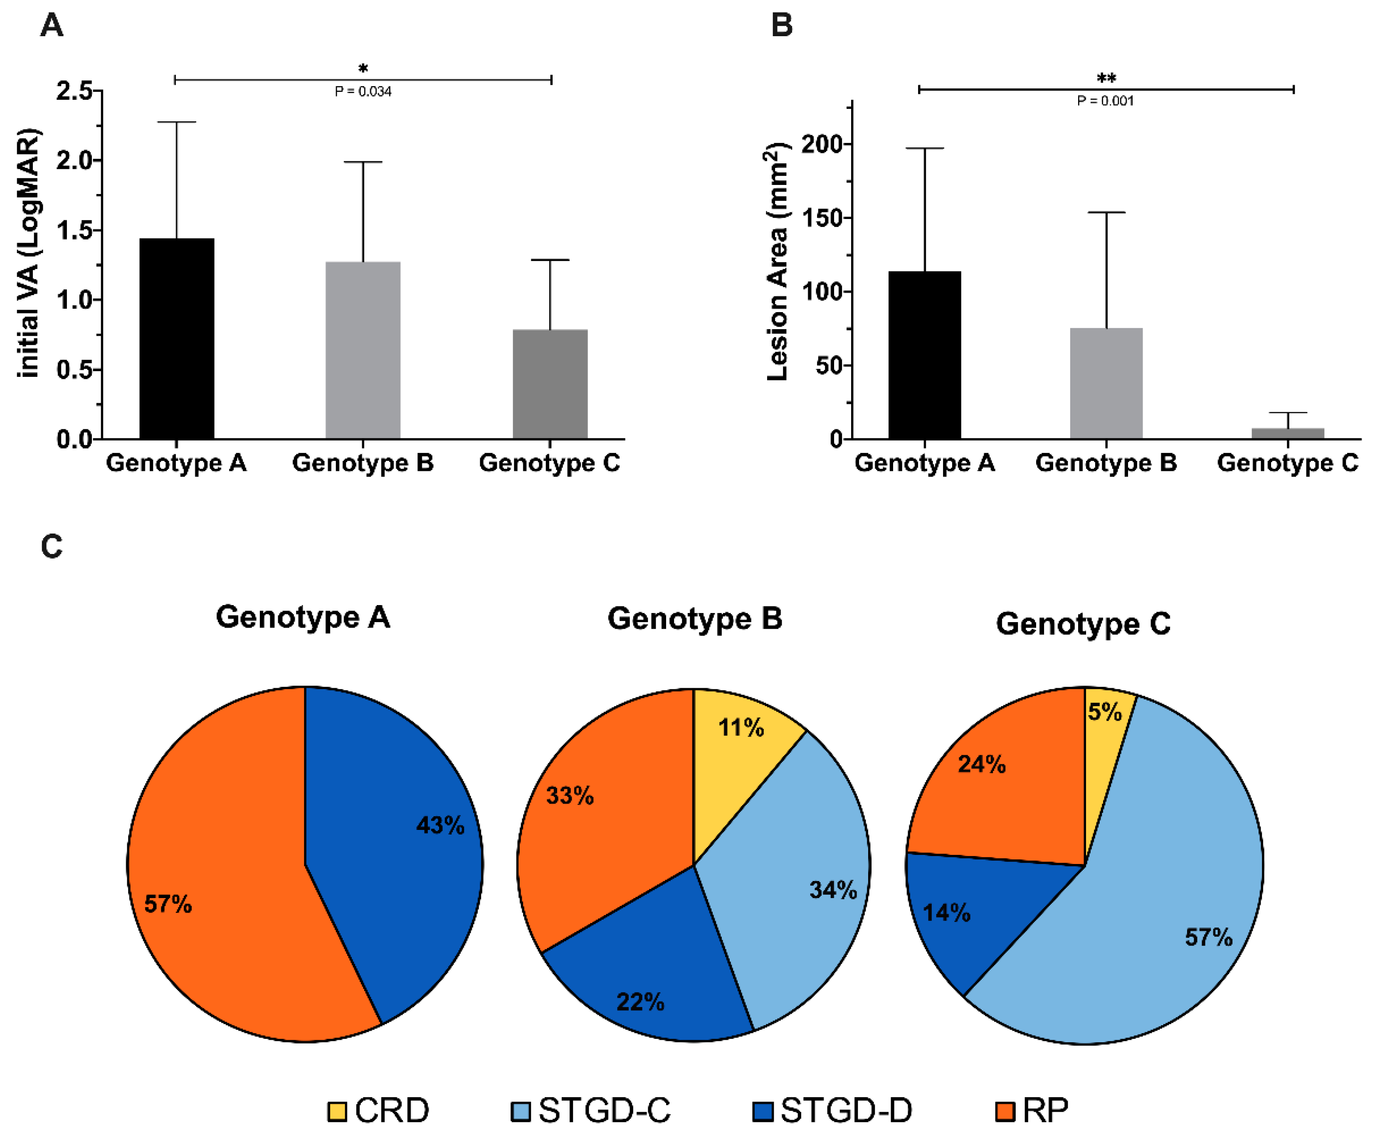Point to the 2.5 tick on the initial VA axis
[x=74, y=90]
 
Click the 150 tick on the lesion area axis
[x=823, y=218]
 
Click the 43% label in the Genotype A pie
[x=440, y=825]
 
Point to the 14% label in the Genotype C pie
[x=946, y=913]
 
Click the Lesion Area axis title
[x=777, y=262]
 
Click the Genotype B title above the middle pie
[x=695, y=618]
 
